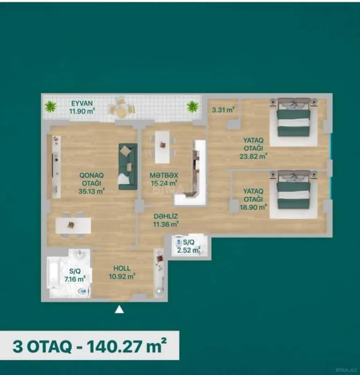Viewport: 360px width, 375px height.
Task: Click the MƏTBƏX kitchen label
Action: (x=163, y=175)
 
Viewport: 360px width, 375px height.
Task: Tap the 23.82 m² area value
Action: (x=254, y=156)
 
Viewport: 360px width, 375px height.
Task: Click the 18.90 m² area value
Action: (x=254, y=205)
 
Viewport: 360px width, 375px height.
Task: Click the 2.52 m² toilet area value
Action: (x=187, y=250)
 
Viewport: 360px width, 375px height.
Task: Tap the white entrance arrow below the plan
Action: (x=120, y=309)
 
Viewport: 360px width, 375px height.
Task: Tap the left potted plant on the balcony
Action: (x=50, y=107)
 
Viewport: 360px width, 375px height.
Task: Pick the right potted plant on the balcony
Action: (x=192, y=106)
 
